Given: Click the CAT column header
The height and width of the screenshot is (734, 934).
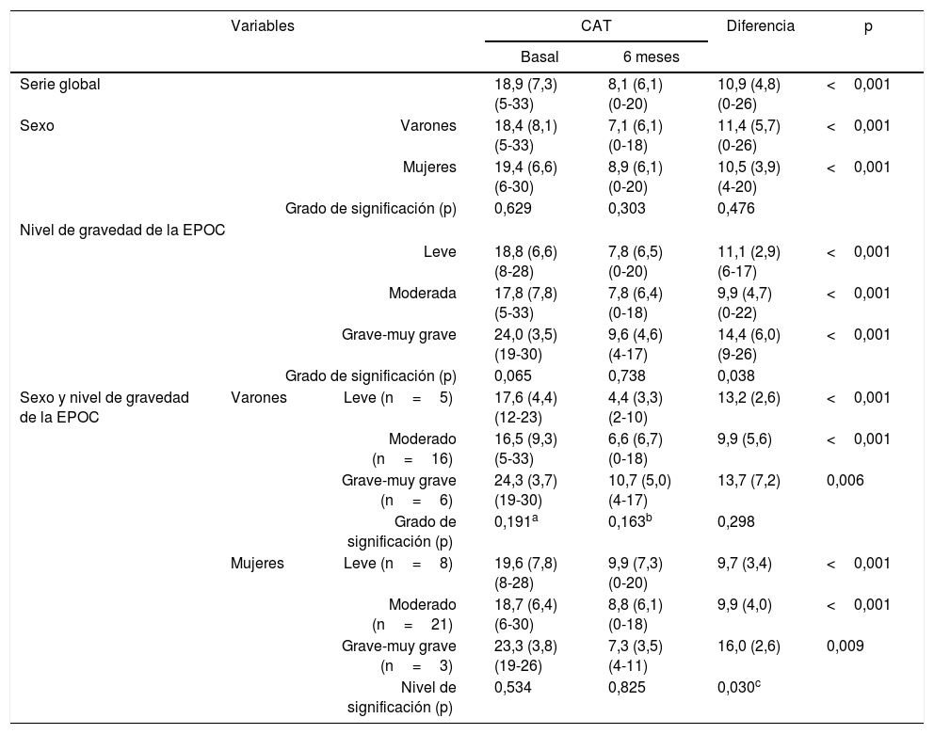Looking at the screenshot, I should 597,26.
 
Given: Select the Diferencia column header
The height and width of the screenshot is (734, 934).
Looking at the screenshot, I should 760,26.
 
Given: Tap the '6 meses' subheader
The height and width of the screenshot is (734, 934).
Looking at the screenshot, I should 651,57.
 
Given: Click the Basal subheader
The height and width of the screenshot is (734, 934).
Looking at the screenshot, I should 539,57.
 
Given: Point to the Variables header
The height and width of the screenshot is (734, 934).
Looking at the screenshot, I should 263,26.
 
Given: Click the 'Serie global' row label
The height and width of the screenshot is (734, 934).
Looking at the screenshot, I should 60,84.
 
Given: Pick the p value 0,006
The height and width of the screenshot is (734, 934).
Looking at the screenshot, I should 845,480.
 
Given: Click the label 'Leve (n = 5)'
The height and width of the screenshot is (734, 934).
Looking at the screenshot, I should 398,397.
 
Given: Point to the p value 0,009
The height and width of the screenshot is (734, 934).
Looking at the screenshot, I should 845,647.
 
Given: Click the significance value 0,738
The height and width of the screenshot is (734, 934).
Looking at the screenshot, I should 626,376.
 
